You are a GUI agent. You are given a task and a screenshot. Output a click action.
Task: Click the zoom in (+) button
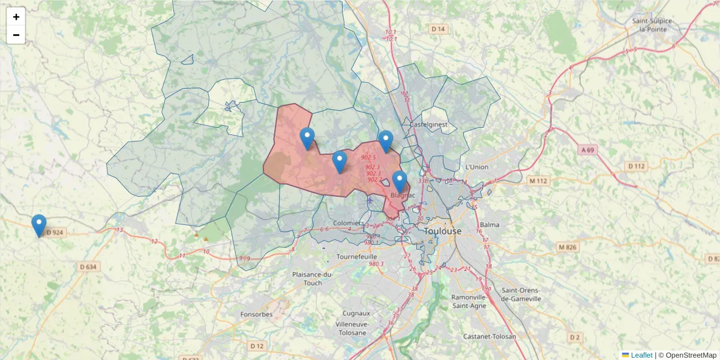coord(16,17)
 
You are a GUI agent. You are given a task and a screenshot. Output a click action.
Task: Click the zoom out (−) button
coord(16,35)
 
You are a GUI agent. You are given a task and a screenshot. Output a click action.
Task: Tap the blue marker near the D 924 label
coord(39,226)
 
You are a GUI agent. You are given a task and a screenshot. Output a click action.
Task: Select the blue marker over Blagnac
coord(400,181)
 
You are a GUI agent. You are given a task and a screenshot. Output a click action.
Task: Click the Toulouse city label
coord(443,231)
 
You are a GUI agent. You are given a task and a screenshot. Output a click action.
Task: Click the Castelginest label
coord(429,124)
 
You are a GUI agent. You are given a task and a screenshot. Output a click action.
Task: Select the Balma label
coord(490,225)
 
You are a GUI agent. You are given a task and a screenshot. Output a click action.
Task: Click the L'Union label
coord(476,167)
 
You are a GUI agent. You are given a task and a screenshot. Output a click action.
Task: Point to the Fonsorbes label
coord(256,314)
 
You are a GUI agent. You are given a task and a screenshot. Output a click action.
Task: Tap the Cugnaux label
coord(356,313)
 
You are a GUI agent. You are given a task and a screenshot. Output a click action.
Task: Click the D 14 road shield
coord(439,29)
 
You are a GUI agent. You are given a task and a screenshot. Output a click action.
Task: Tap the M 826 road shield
coord(567,247)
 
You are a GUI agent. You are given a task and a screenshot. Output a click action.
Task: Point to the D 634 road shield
coord(88,266)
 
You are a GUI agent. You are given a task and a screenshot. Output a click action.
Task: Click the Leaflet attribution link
coord(641,355)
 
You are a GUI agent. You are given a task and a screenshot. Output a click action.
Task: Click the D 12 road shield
coord(257,346)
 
